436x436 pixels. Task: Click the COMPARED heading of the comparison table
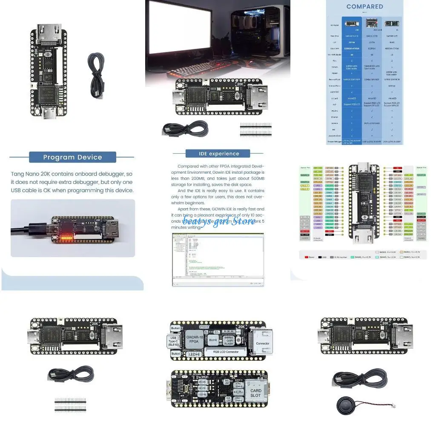tap(364, 7)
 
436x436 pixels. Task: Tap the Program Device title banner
tap(72, 157)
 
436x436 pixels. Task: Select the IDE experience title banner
tap(219, 154)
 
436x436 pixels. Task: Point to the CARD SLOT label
tap(256, 393)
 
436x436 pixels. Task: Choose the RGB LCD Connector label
tap(225, 352)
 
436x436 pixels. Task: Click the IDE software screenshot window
tap(218, 259)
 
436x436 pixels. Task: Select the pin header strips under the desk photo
tap(255, 130)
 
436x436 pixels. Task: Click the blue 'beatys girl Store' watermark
tap(219, 222)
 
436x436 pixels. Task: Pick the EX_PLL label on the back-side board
tap(238, 391)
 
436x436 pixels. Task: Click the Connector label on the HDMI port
tap(263, 343)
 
